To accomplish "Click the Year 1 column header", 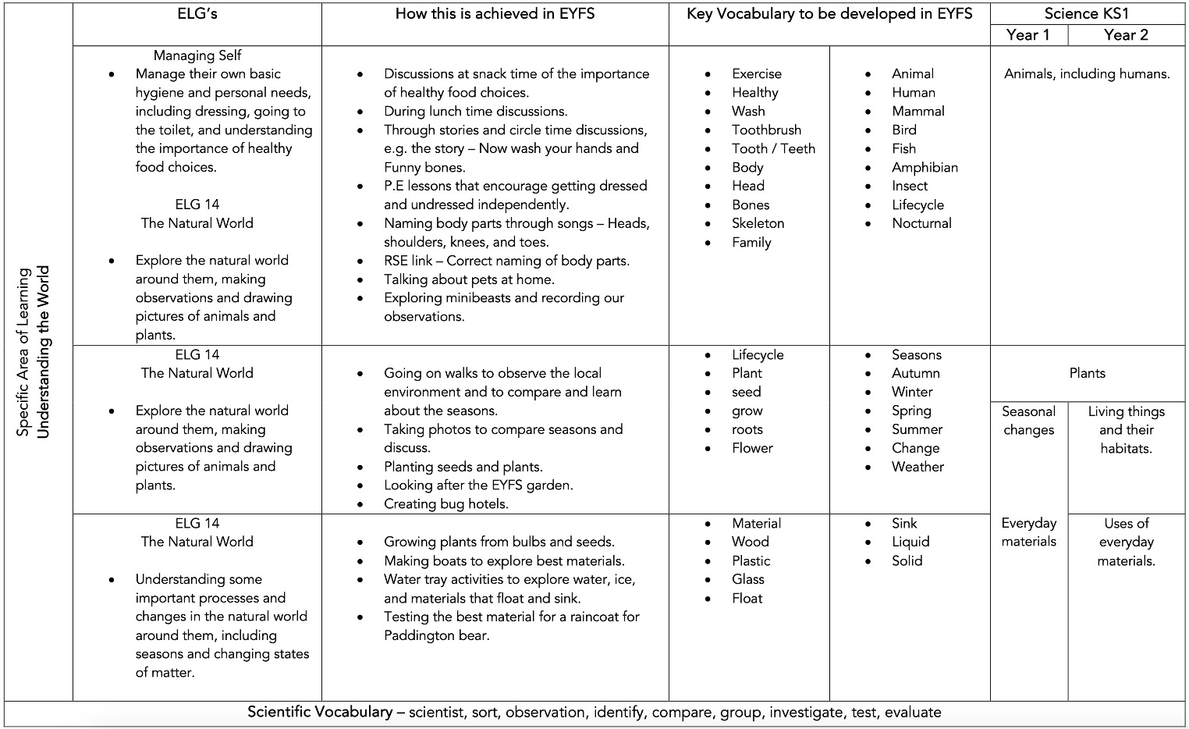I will (1028, 35).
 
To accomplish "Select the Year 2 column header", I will (1126, 35).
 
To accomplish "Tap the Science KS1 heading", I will (1086, 14).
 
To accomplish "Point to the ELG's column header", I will (197, 14).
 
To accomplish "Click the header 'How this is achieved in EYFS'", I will (495, 14).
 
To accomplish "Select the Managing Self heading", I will (197, 55).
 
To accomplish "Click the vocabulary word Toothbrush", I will (766, 130).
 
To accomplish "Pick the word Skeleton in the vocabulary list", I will (758, 223).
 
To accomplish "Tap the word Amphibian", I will (925, 167).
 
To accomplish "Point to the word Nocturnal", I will (921, 223).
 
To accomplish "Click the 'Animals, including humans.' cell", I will (1087, 74).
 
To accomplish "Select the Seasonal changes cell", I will (1028, 421).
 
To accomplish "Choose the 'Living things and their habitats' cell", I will (1126, 430).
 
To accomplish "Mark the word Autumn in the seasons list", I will (915, 373).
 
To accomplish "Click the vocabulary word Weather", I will (917, 467).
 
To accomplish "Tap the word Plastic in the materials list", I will (751, 560).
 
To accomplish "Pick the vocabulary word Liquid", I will (910, 542).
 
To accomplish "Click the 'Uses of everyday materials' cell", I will (1126, 542).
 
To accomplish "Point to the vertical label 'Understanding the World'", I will (43, 351).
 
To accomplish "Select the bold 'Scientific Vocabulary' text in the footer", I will (320, 712).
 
